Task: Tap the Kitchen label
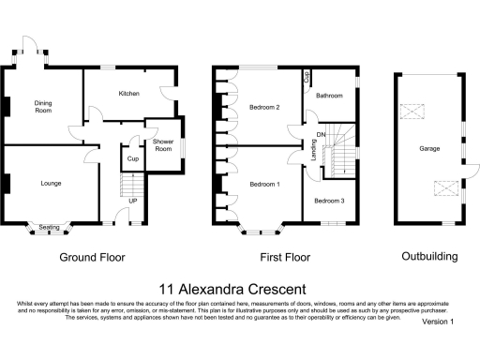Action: click(128, 95)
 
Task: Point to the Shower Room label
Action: click(163, 145)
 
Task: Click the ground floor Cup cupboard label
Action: click(132, 158)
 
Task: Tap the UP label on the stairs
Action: click(132, 202)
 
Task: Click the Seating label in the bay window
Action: click(50, 227)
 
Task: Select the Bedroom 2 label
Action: click(265, 107)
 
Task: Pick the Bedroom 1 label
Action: click(264, 185)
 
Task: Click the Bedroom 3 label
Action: click(329, 202)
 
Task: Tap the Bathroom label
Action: click(329, 96)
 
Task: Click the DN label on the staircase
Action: click(321, 136)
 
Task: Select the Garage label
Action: click(430, 149)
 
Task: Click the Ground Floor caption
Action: click(92, 256)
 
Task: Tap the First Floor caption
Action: click(284, 256)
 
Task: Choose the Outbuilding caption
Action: click(429, 256)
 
